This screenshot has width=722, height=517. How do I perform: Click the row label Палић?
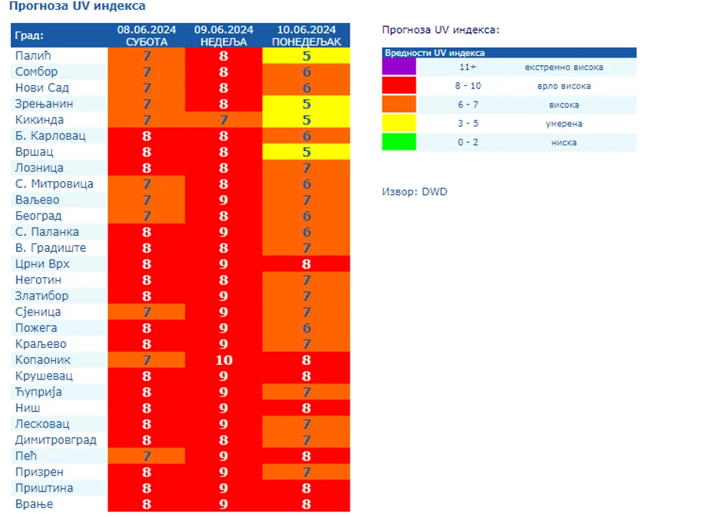(x=33, y=56)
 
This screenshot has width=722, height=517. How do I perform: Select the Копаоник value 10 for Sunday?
(x=224, y=360)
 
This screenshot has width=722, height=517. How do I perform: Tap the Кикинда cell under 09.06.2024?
(x=224, y=120)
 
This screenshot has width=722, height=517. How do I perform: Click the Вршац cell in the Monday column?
(x=306, y=152)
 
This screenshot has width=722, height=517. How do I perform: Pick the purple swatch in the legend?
(x=399, y=67)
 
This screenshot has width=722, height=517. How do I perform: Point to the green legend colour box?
(x=399, y=142)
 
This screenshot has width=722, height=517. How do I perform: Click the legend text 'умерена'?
(x=563, y=124)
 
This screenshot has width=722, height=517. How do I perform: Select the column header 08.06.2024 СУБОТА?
(x=146, y=35)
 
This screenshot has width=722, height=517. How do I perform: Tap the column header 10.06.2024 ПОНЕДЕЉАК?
(x=306, y=35)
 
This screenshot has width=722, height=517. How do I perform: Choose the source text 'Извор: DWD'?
(x=414, y=191)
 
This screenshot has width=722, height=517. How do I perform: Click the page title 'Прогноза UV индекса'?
(x=77, y=6)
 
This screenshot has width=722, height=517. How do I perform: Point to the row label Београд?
(x=38, y=216)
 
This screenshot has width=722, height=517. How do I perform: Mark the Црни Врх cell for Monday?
(x=306, y=264)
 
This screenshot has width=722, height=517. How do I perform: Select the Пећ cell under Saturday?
(x=146, y=456)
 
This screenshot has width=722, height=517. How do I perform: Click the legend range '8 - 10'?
(x=468, y=86)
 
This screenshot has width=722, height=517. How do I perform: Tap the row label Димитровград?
(x=55, y=440)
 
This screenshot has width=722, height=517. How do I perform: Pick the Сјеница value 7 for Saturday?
(x=146, y=312)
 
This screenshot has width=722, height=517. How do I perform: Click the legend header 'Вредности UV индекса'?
(x=435, y=53)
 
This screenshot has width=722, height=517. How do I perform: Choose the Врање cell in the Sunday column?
(x=224, y=505)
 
